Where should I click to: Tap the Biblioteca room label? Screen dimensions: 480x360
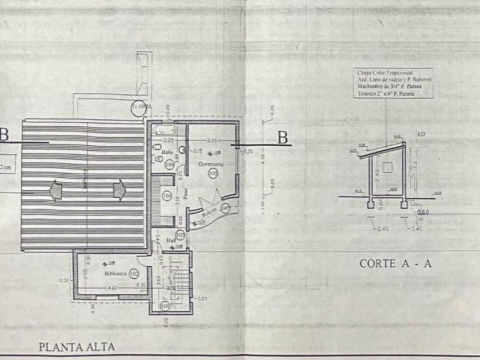[x=114, y=274]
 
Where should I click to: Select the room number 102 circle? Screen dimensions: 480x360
[x=134, y=274]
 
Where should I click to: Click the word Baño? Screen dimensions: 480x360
[x=167, y=152]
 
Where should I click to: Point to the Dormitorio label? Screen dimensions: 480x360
[x=210, y=164]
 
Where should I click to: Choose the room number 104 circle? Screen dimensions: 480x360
[x=167, y=195]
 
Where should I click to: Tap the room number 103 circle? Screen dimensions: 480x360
[x=180, y=234]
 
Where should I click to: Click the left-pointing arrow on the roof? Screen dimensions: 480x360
[x=55, y=189]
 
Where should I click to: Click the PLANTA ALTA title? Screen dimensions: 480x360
[x=77, y=346]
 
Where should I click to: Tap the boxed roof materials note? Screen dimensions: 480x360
[x=394, y=83]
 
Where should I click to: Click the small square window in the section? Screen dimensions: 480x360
[x=387, y=166]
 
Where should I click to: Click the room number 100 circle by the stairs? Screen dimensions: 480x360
[x=165, y=306]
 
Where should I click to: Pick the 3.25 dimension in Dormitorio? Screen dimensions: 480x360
[x=211, y=139]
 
